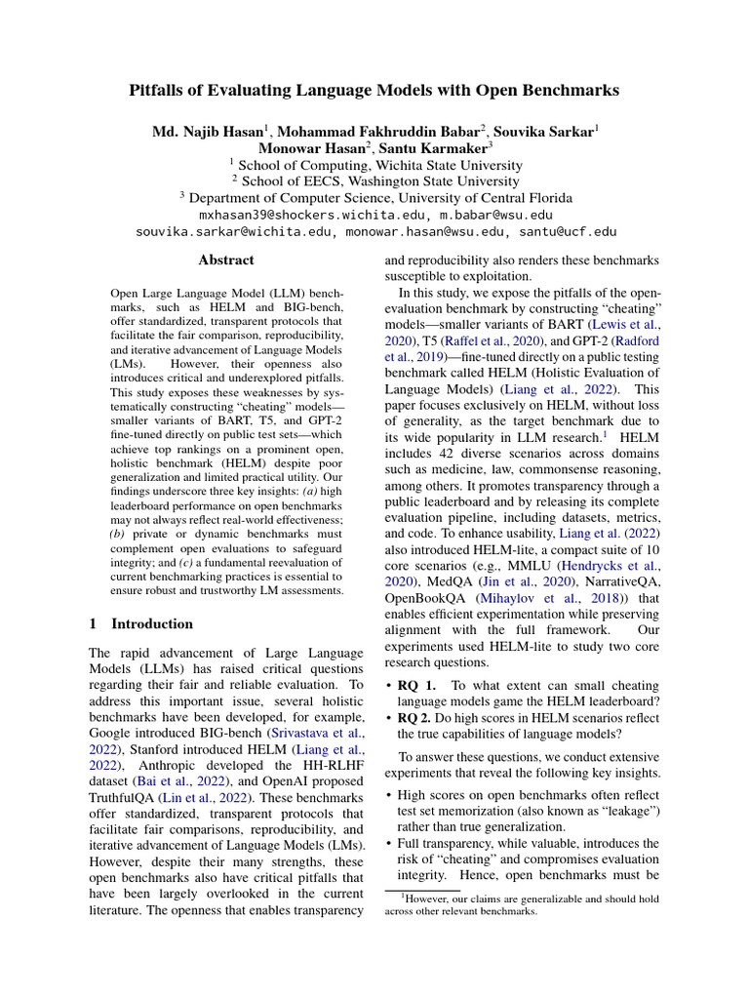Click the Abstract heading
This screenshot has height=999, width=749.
pos(226,260)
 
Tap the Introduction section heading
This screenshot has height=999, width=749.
pos(152,623)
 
